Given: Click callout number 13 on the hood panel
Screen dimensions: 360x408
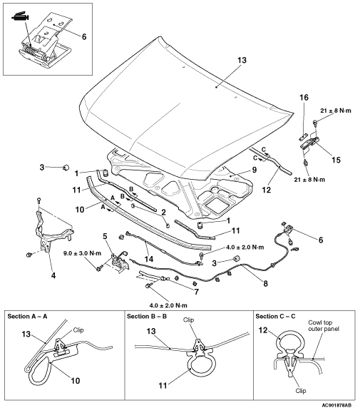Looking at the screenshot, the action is tap(242, 60).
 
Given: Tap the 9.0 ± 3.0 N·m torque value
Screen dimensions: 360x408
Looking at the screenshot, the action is tap(83, 253).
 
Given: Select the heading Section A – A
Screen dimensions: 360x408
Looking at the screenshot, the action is tap(27, 317).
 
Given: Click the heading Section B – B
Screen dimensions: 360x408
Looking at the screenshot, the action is tap(147, 317).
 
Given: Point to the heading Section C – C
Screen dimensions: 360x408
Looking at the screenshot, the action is tap(275, 317).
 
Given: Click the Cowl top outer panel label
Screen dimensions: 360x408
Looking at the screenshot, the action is tap(324, 326).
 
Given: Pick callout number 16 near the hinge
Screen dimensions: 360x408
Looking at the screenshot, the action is tap(304, 98).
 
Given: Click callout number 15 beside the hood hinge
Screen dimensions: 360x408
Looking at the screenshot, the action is tap(336, 160).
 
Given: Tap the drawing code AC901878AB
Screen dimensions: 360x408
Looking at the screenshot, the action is tap(336, 405).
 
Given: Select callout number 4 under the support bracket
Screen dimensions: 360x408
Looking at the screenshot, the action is tap(53, 275).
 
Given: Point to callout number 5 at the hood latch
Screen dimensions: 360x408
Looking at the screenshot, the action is tap(105, 236).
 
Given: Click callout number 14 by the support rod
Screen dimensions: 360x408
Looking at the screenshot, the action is tap(149, 259).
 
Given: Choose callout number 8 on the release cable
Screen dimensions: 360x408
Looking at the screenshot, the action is tap(265, 283).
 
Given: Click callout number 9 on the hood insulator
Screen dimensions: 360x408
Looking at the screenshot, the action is tap(254, 170).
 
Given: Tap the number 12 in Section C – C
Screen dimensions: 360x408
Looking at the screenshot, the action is tap(263, 330).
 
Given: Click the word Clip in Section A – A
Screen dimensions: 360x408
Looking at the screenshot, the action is tap(78, 330).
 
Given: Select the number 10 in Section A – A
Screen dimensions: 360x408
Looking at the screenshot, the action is tap(75, 381).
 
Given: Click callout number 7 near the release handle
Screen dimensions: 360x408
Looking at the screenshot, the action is tap(196, 292).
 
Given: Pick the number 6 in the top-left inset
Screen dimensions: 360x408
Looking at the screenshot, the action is tap(84, 36).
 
